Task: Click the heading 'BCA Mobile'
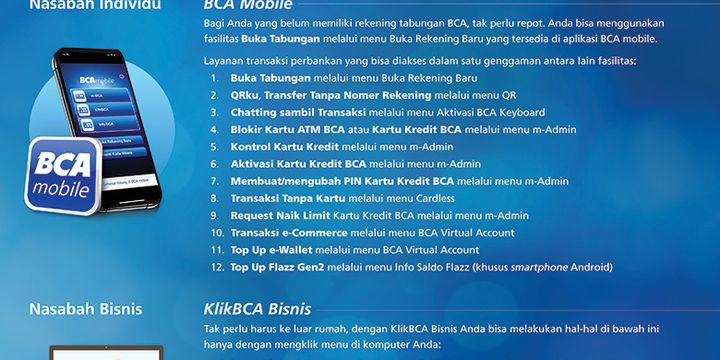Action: coord(241,7)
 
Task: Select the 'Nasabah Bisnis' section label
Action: coord(85,307)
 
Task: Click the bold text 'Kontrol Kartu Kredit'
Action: coord(277,146)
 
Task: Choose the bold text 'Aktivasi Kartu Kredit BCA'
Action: coord(298,164)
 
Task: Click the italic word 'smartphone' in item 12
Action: coord(538,267)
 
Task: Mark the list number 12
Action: coord(216,267)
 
